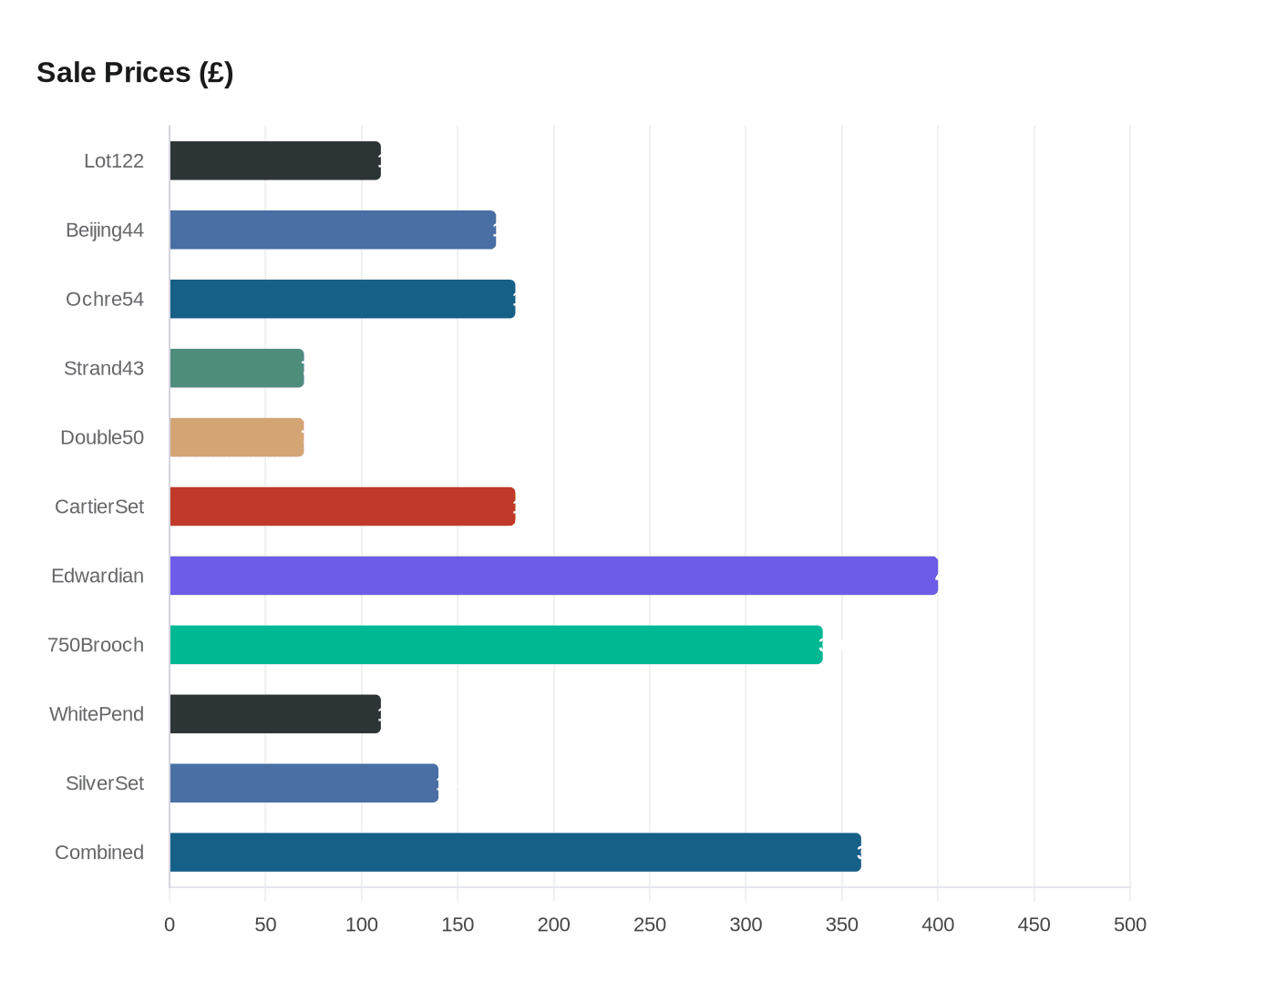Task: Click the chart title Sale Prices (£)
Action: pos(135,72)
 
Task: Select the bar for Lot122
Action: pos(274,160)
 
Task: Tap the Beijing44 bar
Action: pos(333,230)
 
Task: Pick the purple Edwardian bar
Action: pos(553,576)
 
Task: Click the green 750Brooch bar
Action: pos(496,645)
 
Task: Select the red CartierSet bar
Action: pos(342,506)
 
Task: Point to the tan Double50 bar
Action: pos(236,437)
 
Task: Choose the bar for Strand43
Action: pos(236,368)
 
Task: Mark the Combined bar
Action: pos(515,853)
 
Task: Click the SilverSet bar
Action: pos(304,783)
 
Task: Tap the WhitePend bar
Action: pos(274,714)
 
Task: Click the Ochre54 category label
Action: pos(105,299)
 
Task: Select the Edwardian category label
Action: pos(98,576)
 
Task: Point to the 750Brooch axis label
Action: pos(96,645)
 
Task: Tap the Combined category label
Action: pos(99,853)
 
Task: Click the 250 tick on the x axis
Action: pos(650,925)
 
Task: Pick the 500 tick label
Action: pos(1130,925)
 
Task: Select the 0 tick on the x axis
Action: pos(170,925)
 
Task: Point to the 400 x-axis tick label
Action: pos(938,925)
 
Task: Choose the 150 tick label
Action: pos(458,925)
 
